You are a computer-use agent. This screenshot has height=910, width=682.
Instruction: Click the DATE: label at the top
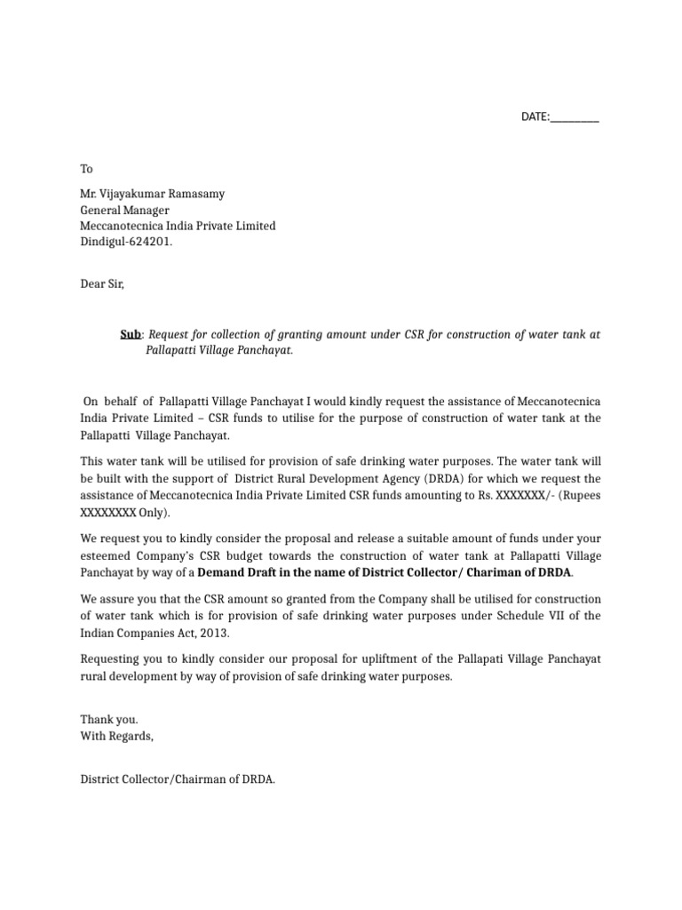coord(535,117)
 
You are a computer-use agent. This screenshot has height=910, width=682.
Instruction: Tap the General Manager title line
coord(125,211)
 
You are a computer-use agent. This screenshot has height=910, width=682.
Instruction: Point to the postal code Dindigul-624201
coord(127,240)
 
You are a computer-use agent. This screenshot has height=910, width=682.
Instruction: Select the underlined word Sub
coord(131,335)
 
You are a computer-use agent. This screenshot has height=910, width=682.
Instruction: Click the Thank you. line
coord(109,720)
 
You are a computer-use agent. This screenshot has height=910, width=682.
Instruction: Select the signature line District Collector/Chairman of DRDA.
coord(178,779)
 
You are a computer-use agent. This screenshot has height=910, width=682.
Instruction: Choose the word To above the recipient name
coord(87,168)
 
